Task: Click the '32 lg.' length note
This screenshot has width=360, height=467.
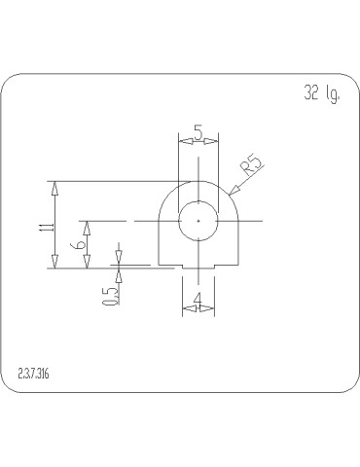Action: (x=322, y=93)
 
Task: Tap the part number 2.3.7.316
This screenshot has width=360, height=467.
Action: (x=34, y=375)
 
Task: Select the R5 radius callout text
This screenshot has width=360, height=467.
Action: (x=252, y=166)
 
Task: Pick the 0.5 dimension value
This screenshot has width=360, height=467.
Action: (x=110, y=297)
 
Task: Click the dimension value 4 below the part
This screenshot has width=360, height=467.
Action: (x=198, y=299)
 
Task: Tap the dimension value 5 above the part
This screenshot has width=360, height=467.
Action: (x=198, y=132)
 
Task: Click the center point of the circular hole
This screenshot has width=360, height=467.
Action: (x=198, y=221)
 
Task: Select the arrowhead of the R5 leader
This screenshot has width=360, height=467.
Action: (x=234, y=191)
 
